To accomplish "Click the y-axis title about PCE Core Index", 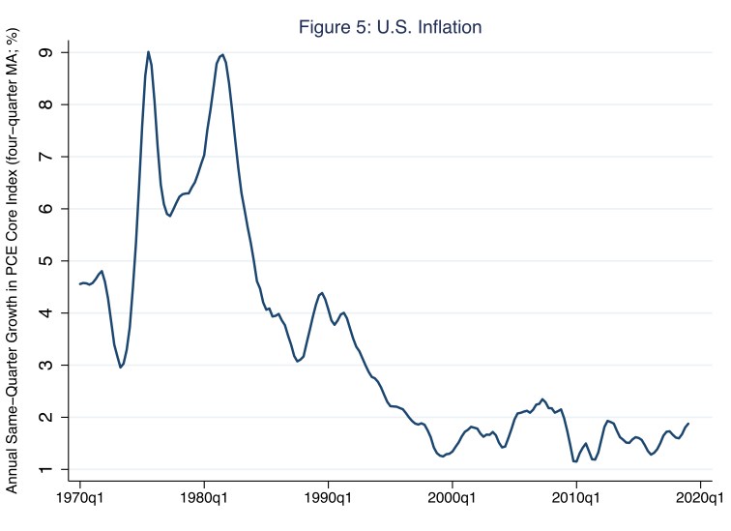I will click(14, 262).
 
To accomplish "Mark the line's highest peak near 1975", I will click(148, 52).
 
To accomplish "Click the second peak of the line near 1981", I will click(222, 55).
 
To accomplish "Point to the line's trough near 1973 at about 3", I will click(121, 368).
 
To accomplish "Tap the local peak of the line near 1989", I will click(322, 292).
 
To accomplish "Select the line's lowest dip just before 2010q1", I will click(575, 461).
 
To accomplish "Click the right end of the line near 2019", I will click(688, 424).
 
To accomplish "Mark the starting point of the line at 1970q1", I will click(80, 284).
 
